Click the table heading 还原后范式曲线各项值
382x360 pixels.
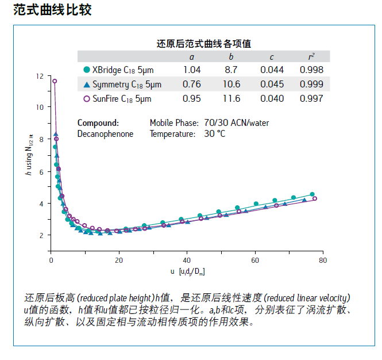pyautogui.click(x=204, y=43)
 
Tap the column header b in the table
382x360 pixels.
pyautogui.click(x=231, y=56)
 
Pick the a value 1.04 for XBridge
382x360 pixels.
pyautogui.click(x=192, y=70)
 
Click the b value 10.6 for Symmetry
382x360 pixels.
pyautogui.click(x=231, y=85)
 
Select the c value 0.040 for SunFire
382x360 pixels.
pyautogui.click(x=272, y=98)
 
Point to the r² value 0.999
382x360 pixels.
pyautogui.click(x=311, y=85)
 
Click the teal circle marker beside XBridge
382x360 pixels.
pyautogui.click(x=87, y=70)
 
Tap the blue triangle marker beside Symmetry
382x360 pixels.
pyautogui.click(x=87, y=85)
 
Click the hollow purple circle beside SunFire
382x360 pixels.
pyautogui.click(x=87, y=98)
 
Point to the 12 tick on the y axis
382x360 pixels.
pyautogui.click(x=39, y=76)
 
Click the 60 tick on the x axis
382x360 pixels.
pyautogui.click(x=254, y=260)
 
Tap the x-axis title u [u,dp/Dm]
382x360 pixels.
pyautogui.click(x=187, y=271)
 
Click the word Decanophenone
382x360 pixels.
pyautogui.click(x=105, y=134)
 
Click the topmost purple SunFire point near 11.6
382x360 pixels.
pyautogui.click(x=55, y=81)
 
